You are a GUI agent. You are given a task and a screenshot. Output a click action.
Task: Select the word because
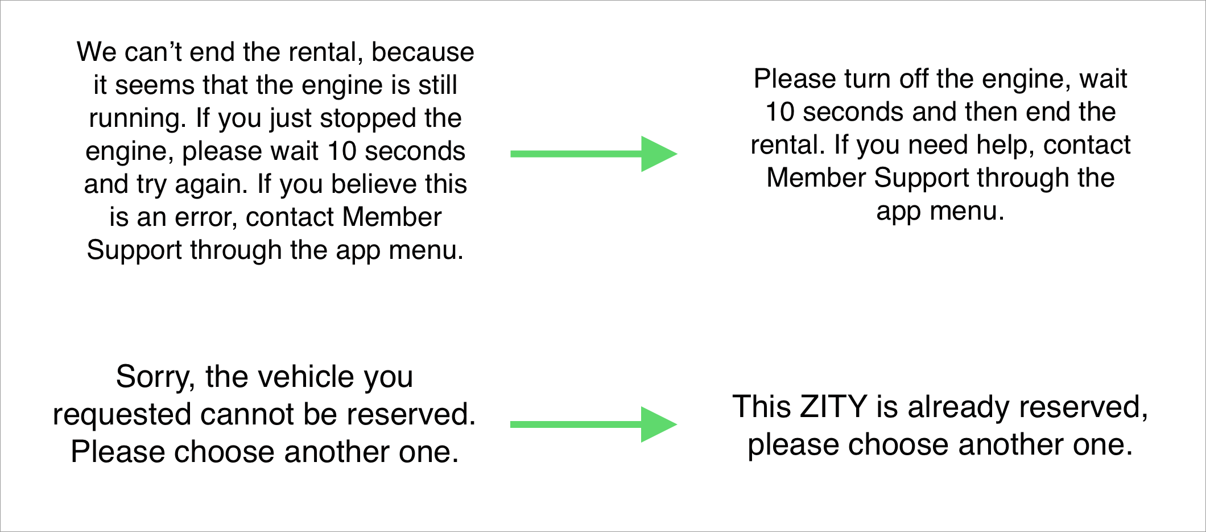tap(423, 52)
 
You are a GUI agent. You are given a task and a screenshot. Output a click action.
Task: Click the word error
tap(207, 217)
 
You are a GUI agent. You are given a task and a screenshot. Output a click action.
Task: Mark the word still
tap(437, 85)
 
